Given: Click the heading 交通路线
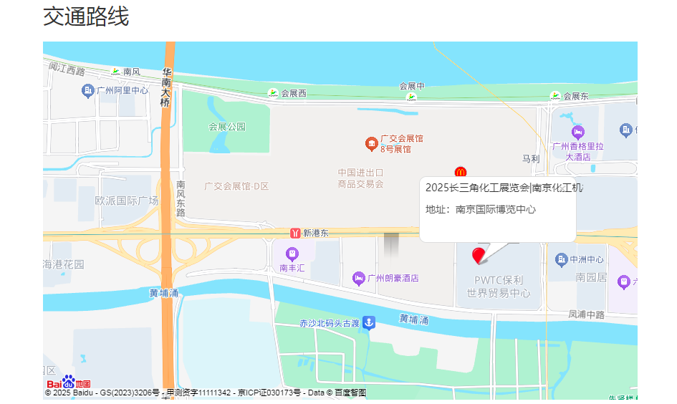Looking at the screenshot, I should (x=86, y=16).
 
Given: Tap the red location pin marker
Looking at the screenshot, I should (x=479, y=256).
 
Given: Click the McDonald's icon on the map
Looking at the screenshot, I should (x=461, y=172).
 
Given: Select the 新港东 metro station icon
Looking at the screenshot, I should (x=295, y=233).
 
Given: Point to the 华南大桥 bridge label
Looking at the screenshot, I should (x=166, y=87).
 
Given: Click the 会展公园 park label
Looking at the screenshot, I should (x=227, y=127).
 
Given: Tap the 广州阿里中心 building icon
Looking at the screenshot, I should (x=88, y=90).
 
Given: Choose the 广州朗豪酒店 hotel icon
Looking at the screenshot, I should (x=359, y=278).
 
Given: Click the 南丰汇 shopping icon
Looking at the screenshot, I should (x=292, y=254).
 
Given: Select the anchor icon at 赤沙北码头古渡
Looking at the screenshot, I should (x=368, y=323).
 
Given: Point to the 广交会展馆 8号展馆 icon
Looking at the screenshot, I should (x=371, y=144).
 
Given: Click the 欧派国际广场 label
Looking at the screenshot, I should (x=127, y=201).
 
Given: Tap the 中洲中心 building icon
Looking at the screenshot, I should (x=561, y=259).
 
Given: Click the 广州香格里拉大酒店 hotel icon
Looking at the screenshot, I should (x=578, y=133).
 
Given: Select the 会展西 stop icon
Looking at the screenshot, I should (x=273, y=93).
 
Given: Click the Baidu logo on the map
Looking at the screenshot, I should (x=69, y=383).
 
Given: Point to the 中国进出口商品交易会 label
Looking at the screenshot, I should (x=360, y=178).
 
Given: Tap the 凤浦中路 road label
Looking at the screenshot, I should (x=586, y=314).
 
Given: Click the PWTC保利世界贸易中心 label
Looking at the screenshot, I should (x=499, y=287).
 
